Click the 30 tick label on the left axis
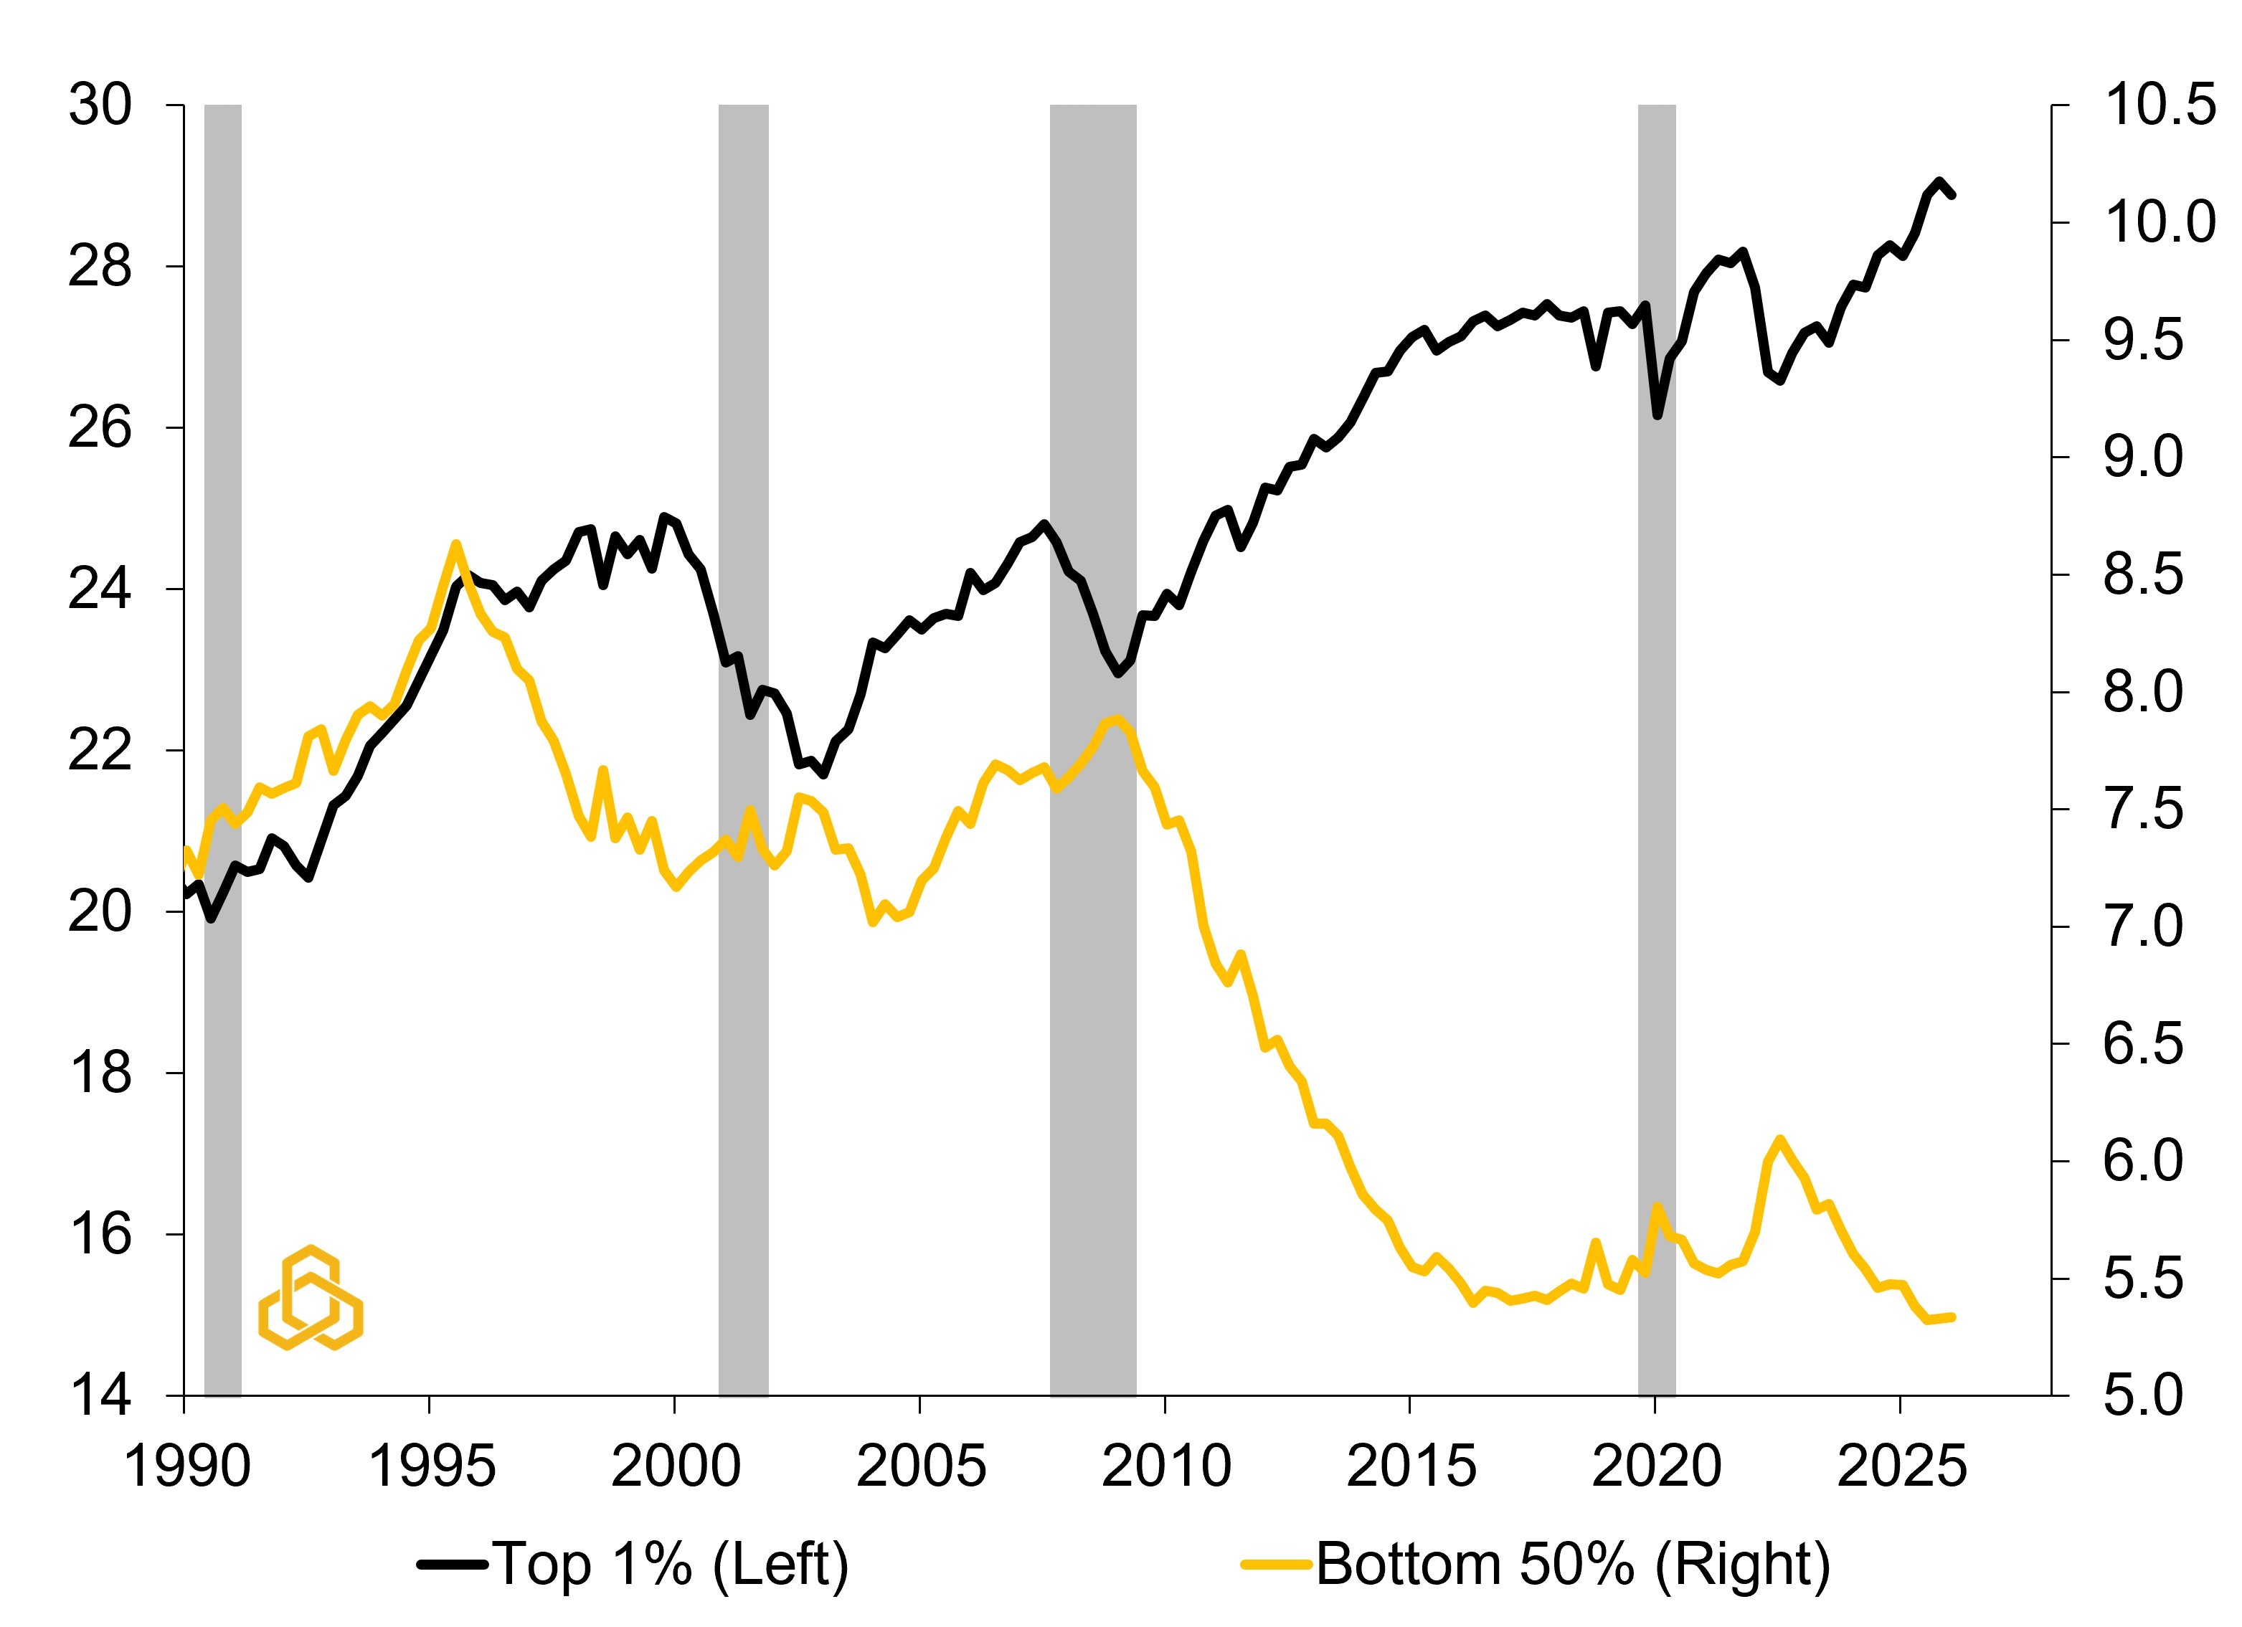tap(99, 105)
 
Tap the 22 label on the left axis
tap(99, 750)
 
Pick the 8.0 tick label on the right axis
tap(2143, 692)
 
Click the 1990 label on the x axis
tap(186, 1466)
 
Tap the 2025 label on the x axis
tap(1901, 1466)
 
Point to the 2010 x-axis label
tap(1165, 1466)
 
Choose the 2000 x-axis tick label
tap(675, 1466)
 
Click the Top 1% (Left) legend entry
tap(633, 1565)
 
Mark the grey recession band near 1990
tap(222, 750)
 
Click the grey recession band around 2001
tap(743, 750)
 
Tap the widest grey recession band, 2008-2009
tap(1093, 750)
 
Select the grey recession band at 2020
tap(1657, 750)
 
